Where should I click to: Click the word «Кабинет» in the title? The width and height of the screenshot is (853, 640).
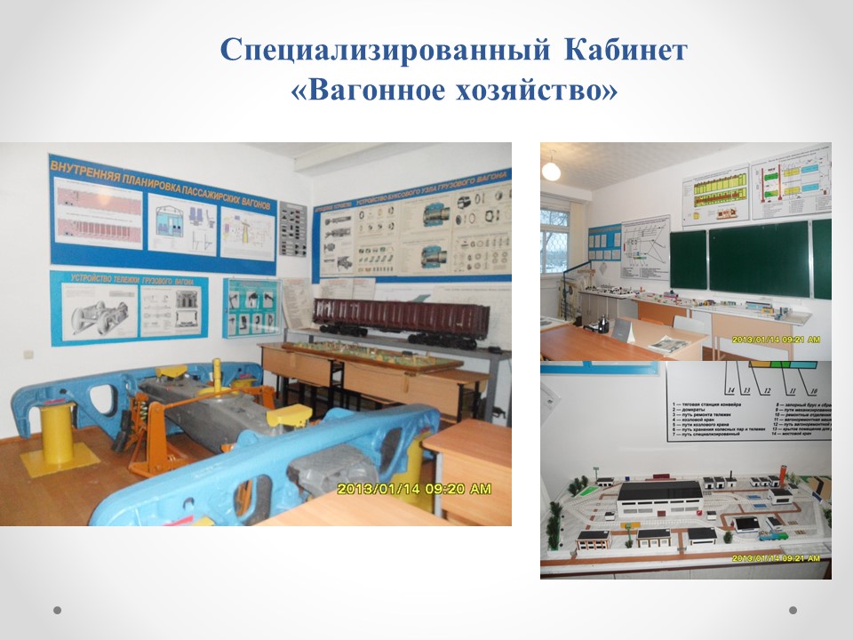[624, 50]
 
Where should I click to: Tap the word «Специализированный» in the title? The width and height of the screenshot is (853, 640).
[387, 50]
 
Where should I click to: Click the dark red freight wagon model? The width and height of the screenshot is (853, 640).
[400, 316]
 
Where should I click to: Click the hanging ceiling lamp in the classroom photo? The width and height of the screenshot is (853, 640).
[552, 169]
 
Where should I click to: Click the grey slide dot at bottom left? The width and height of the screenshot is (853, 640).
[58, 611]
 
